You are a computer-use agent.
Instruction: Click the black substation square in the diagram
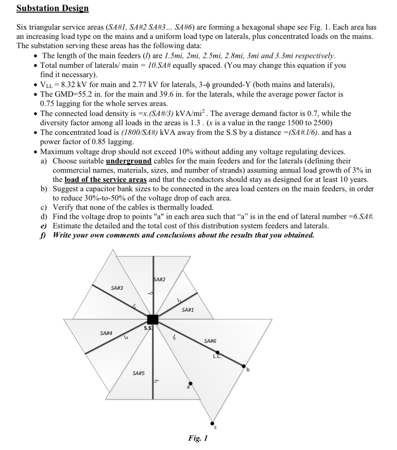[x=153, y=319]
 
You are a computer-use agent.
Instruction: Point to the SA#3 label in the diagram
[x=117, y=288]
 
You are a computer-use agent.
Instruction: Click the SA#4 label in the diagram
[x=106, y=333]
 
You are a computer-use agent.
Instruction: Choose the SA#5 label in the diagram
[x=138, y=373]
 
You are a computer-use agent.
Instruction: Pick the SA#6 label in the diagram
[x=210, y=341]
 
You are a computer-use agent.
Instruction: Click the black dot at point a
[x=190, y=384]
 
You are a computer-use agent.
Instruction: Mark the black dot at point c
[x=212, y=423]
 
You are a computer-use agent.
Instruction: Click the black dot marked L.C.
[x=218, y=353]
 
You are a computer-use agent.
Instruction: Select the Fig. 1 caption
[x=198, y=438]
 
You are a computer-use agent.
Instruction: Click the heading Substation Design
[x=53, y=8]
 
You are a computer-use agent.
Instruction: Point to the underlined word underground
[x=129, y=161]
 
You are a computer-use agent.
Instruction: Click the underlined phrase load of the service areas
[x=106, y=179]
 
